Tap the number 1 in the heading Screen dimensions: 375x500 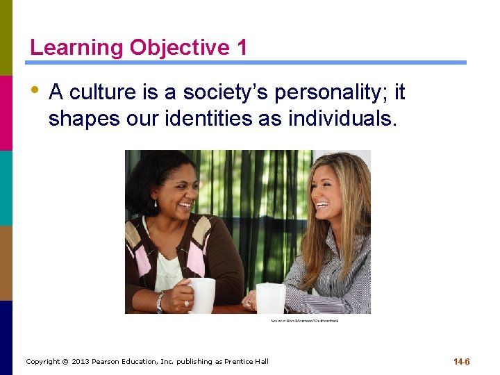coord(241,48)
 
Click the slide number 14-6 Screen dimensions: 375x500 coord(462,362)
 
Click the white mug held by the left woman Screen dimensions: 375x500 coord(202,294)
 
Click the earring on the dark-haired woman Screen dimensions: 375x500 coord(155,203)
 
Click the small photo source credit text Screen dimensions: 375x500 coord(304,320)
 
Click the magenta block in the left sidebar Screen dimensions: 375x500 coord(6,112)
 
